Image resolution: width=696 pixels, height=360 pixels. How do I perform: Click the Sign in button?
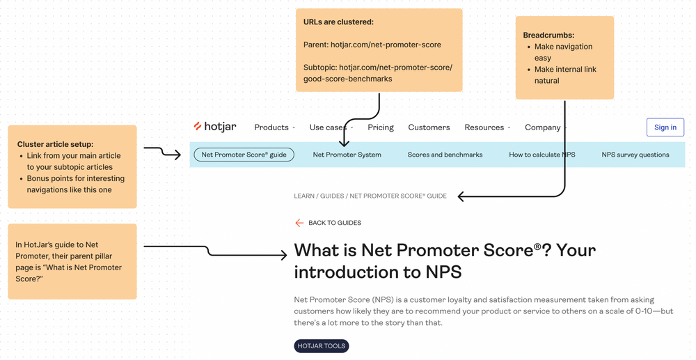pos(665,127)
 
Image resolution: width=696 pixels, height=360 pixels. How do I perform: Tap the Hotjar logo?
pos(215,127)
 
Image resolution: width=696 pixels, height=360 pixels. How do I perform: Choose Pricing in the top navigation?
pos(381,127)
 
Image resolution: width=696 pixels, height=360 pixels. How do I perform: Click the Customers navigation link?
pos(429,127)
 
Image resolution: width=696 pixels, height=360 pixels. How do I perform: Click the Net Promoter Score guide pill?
pos(244,155)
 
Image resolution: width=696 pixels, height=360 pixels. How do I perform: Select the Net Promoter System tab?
pos(347,155)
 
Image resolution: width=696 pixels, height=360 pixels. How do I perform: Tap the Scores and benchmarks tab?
pos(445,155)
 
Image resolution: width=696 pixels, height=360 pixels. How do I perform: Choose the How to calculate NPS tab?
pos(541,155)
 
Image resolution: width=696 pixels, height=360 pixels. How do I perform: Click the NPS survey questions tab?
pos(635,155)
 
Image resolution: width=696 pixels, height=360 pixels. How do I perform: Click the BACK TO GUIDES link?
pos(334,223)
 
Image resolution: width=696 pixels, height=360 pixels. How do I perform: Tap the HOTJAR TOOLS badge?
pos(321,346)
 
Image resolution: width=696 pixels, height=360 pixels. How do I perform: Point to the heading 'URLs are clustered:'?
pos(338,22)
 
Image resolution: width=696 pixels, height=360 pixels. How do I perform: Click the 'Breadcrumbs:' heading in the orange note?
pos(548,36)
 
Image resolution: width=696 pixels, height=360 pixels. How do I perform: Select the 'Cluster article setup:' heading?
pos(55,144)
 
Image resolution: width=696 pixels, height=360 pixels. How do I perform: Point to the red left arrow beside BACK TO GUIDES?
pos(299,223)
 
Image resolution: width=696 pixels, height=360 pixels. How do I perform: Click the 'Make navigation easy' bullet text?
pos(563,52)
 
